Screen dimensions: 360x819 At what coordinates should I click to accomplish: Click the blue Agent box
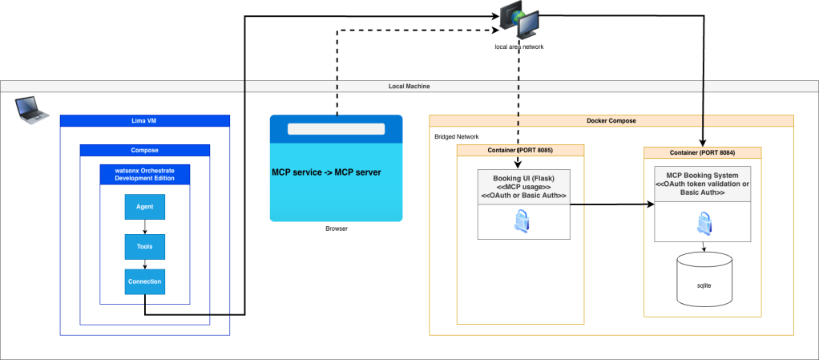[144, 207]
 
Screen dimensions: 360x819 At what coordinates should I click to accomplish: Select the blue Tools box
[144, 247]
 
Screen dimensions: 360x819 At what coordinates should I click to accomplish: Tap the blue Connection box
[144, 281]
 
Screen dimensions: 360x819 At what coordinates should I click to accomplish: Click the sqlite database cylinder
[704, 281]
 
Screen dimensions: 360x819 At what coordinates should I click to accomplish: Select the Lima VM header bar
[145, 120]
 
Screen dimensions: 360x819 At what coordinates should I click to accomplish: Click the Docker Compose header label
[611, 120]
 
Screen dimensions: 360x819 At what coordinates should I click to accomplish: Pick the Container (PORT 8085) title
[520, 150]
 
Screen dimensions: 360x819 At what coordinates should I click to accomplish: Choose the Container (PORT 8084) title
[702, 152]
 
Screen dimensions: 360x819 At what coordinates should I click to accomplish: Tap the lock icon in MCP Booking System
[703, 221]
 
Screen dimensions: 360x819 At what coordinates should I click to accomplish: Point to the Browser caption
[336, 229]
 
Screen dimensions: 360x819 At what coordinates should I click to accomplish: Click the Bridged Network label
[456, 137]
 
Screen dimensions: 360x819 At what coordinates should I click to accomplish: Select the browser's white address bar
[336, 128]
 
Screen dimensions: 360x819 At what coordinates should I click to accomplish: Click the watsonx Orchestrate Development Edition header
[144, 173]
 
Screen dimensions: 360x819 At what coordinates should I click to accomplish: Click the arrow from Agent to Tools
[144, 227]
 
